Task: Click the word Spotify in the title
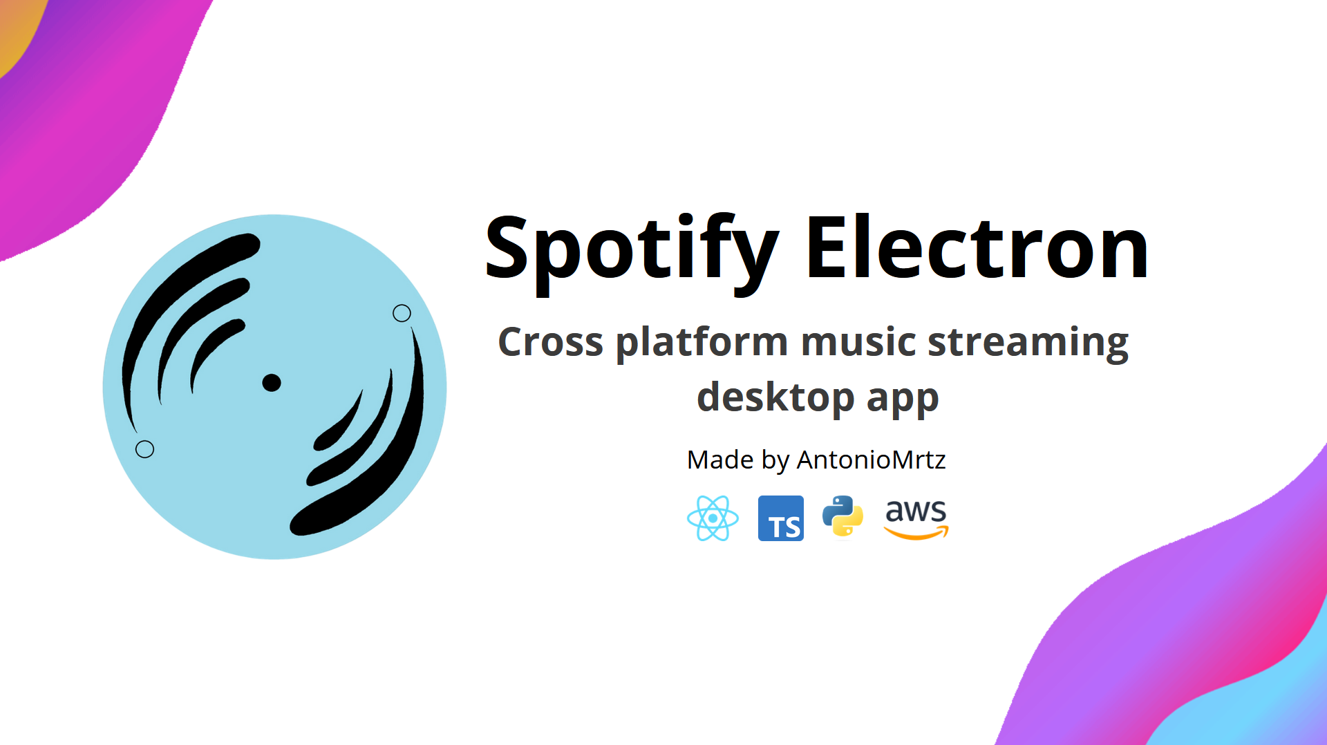(x=630, y=249)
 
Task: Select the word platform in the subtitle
(x=701, y=343)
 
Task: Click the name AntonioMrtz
(x=871, y=460)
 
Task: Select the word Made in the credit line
(x=719, y=460)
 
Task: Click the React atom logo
(x=713, y=518)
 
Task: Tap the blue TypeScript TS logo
(x=780, y=518)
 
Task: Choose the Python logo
(x=843, y=516)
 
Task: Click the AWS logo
(x=916, y=517)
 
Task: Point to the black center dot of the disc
(x=272, y=383)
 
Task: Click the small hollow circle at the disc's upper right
(x=402, y=313)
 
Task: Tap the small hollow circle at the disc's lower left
(x=144, y=449)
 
